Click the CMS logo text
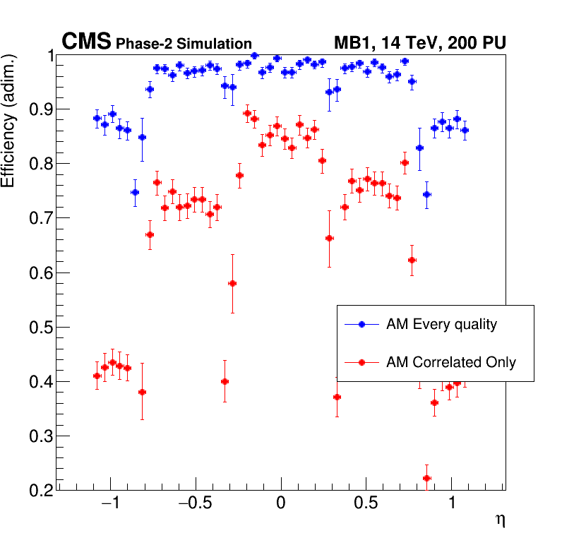[86, 42]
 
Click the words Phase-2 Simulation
[184, 44]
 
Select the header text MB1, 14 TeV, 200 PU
[419, 44]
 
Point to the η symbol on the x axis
[500, 520]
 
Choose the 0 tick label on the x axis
[281, 505]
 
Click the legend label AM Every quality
[442, 325]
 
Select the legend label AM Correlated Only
[451, 363]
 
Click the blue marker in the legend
[361, 325]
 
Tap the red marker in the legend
[361, 363]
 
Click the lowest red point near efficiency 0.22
[426, 478]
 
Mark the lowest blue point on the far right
[426, 194]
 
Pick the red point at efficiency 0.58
[232, 283]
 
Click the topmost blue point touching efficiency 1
[254, 55]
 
